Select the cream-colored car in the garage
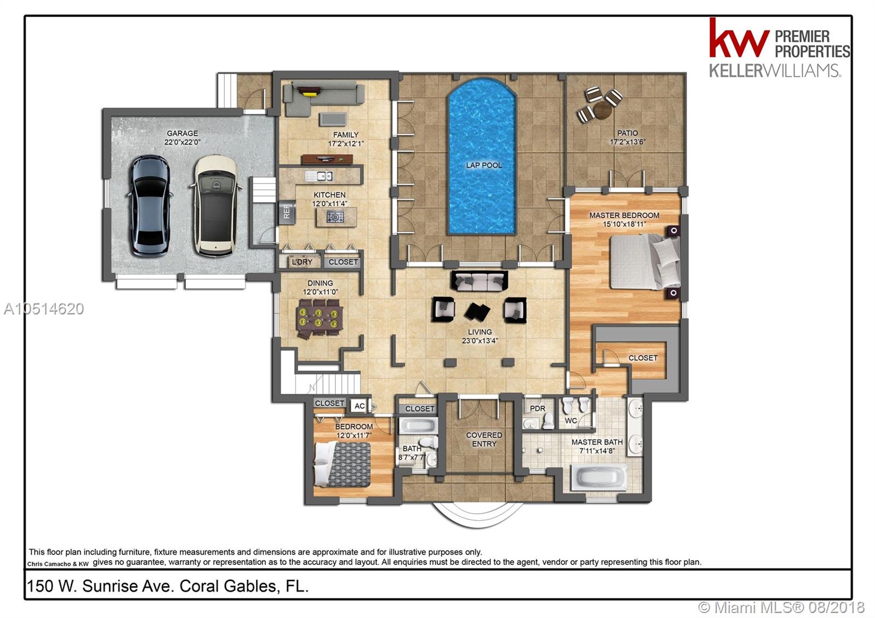point(215,206)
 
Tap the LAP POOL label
point(484,165)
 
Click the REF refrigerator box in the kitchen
point(287,212)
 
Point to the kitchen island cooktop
point(335,217)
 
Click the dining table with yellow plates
point(319,318)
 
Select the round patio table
point(602,110)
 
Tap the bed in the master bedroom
point(645,261)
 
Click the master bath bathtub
point(599,477)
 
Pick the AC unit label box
point(360,406)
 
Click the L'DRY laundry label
point(302,262)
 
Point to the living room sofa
point(480,281)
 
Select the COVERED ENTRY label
point(484,440)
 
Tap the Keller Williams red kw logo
point(739,38)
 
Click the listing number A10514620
point(44,309)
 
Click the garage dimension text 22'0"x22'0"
point(182,142)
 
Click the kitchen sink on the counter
point(319,176)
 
